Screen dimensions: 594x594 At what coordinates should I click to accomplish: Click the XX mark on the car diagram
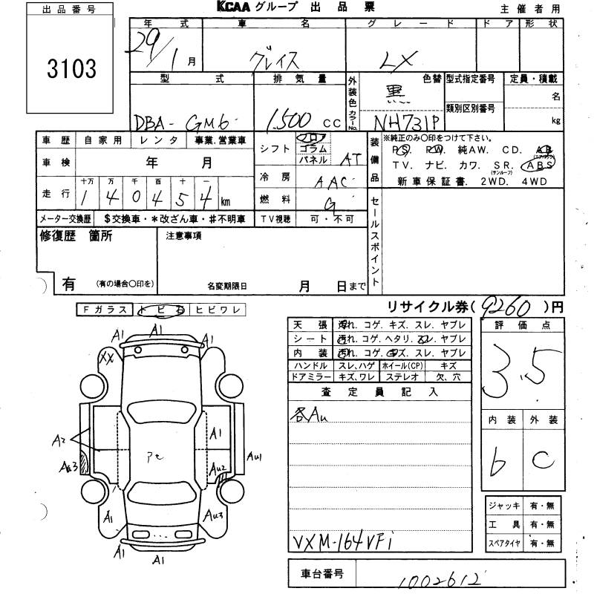coord(106,358)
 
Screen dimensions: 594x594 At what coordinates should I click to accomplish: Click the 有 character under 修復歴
coord(68,283)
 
